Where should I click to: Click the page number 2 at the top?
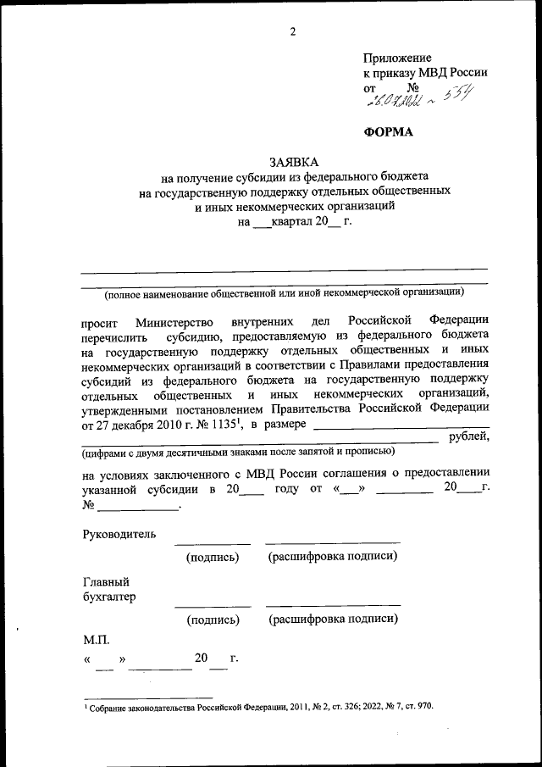click(x=293, y=32)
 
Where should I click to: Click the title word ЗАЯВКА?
click(x=294, y=162)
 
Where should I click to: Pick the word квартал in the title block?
click(x=292, y=222)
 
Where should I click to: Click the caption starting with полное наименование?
click(x=284, y=292)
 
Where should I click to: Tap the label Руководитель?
click(x=119, y=535)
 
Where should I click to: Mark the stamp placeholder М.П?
click(x=96, y=642)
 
